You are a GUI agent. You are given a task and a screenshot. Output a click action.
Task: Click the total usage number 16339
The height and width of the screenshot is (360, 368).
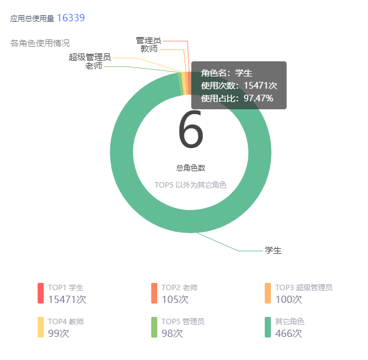point(70,18)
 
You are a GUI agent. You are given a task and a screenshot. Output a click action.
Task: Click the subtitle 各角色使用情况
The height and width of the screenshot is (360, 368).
point(40,43)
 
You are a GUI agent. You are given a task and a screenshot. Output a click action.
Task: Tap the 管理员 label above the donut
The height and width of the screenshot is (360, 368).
point(148,40)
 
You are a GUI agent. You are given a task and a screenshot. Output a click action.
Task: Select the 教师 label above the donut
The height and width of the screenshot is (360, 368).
point(149,49)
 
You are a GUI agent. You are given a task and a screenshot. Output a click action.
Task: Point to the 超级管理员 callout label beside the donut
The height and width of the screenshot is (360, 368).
point(89,57)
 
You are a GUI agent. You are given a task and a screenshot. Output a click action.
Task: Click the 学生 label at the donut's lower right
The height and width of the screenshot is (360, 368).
point(273,250)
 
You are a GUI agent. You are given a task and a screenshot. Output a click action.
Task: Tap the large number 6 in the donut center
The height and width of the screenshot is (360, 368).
point(191,131)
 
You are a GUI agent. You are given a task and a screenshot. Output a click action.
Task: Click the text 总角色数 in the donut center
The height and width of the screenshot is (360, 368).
point(191,168)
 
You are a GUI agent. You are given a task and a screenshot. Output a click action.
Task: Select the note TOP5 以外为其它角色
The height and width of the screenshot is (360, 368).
point(191,185)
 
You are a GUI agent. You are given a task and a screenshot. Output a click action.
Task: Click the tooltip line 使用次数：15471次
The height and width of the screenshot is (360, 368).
point(239,86)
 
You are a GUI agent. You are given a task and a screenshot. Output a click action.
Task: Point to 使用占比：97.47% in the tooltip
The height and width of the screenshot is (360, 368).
point(237,98)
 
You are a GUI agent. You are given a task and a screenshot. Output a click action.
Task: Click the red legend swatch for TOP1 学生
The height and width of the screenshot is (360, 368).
point(41,293)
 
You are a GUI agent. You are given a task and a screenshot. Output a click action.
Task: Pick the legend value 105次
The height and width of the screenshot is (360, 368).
point(175,299)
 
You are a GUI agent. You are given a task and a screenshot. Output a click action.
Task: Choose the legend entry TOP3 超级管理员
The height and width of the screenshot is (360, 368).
point(304,287)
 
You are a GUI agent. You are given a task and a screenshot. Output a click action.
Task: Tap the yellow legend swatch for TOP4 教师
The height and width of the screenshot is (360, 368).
point(41,327)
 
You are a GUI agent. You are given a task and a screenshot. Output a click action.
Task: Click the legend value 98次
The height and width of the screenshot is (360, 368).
point(172,333)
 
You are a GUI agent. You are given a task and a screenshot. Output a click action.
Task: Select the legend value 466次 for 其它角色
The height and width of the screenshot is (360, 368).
point(288,333)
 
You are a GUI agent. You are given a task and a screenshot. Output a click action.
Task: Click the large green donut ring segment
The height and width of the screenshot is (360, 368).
point(121,182)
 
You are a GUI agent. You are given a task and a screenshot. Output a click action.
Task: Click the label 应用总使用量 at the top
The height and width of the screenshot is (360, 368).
point(32,19)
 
